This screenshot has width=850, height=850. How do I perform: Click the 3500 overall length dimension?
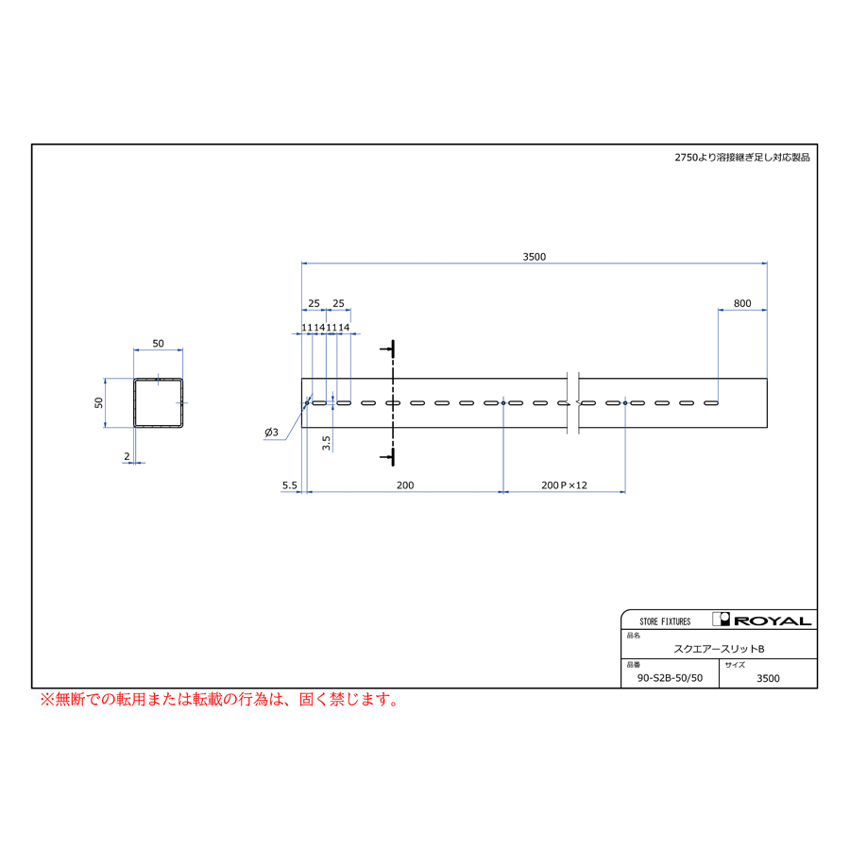click(534, 256)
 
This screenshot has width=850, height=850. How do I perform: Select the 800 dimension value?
click(742, 303)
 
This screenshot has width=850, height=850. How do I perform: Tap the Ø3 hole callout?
click(272, 432)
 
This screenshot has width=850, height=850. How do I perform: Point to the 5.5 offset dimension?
click(290, 485)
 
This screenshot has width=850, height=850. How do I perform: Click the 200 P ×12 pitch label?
click(564, 485)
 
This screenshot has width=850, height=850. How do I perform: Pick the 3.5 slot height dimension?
click(326, 443)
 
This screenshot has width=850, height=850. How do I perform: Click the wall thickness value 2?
click(127, 456)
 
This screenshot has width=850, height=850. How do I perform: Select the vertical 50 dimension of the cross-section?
click(98, 402)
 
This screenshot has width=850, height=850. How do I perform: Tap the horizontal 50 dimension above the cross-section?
click(158, 343)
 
